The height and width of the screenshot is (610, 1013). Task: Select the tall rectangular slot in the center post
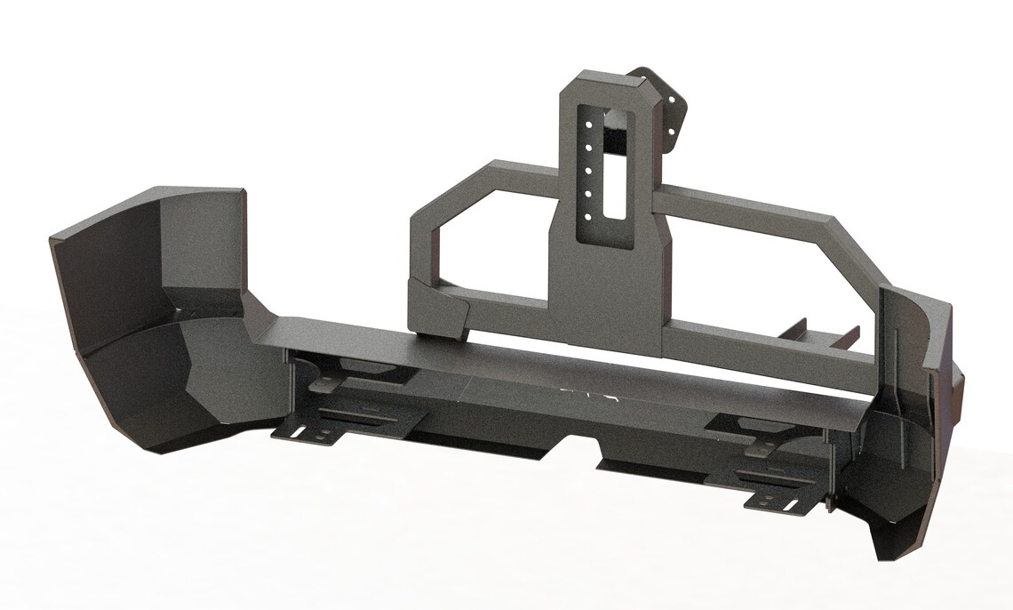(614, 165)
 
